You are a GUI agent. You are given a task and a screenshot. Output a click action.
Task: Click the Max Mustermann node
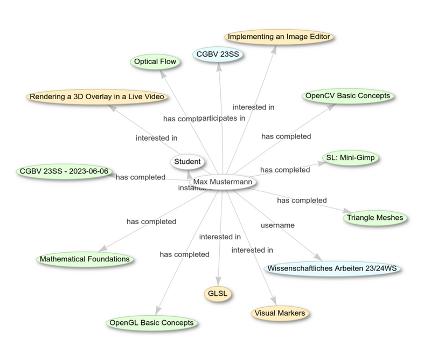pyautogui.click(x=223, y=182)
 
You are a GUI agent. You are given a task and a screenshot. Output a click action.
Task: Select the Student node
pyautogui.click(x=187, y=161)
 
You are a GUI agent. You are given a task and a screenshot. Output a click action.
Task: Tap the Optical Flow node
pyautogui.click(x=155, y=61)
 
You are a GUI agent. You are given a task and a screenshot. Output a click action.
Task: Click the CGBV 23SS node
pyautogui.click(x=218, y=54)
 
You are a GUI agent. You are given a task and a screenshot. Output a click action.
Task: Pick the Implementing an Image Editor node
pyautogui.click(x=279, y=37)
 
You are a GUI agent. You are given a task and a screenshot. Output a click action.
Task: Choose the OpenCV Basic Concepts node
pyautogui.click(x=347, y=96)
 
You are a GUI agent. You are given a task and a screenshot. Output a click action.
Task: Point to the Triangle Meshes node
pyautogui.click(x=375, y=218)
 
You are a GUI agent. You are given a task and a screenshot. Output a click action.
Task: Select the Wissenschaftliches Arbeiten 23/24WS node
pyautogui.click(x=333, y=268)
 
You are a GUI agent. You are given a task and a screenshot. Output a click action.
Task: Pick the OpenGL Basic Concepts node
pyautogui.click(x=151, y=323)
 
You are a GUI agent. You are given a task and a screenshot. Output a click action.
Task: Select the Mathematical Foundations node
pyautogui.click(x=85, y=259)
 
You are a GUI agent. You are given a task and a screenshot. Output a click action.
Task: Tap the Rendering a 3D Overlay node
pyautogui.click(x=97, y=97)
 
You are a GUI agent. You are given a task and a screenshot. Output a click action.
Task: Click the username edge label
pyautogui.click(x=277, y=225)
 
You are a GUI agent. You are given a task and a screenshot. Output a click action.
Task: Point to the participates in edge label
pyautogui.click(x=223, y=117)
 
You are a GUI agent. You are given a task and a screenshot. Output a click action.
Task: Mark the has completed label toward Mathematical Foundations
pyautogui.click(x=151, y=221)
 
